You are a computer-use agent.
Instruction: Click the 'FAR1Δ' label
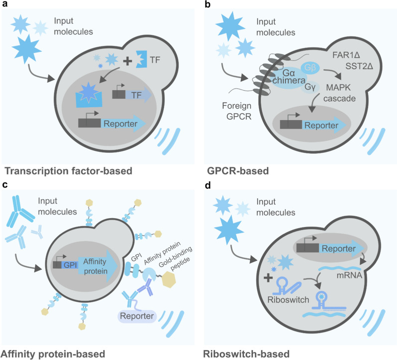point(348,51)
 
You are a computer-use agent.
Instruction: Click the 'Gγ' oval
point(309,86)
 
